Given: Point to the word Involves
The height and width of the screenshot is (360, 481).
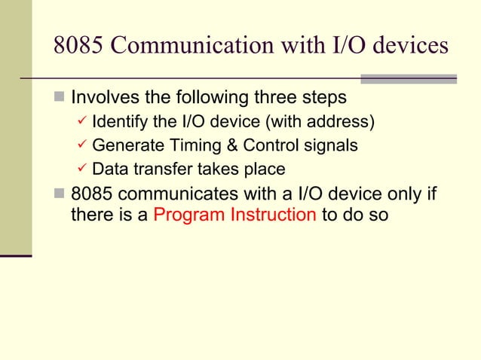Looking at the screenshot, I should point(105,99).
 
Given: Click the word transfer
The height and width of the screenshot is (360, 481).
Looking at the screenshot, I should point(162,169).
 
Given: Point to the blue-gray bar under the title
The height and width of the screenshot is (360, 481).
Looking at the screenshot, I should point(409,78).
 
